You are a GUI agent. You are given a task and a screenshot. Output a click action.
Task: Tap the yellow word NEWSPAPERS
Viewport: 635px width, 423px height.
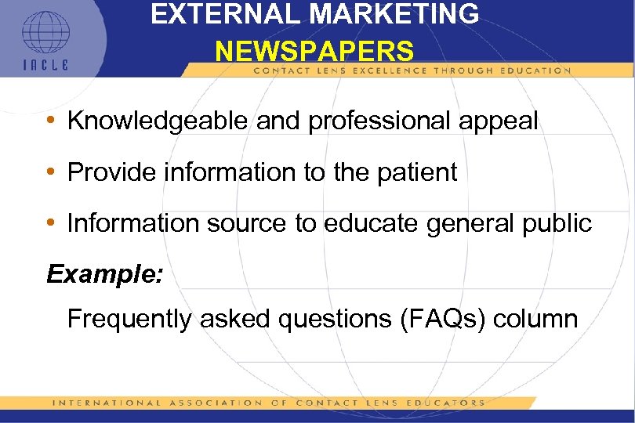pos(314,52)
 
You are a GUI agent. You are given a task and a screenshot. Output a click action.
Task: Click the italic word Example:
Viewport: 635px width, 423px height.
pos(103,275)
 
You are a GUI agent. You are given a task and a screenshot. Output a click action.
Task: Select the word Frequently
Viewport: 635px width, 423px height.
pos(130,319)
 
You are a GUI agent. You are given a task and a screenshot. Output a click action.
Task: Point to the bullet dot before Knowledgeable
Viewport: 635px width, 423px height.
pos(50,121)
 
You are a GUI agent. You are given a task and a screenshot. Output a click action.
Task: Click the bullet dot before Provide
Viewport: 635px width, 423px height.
pos(50,173)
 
